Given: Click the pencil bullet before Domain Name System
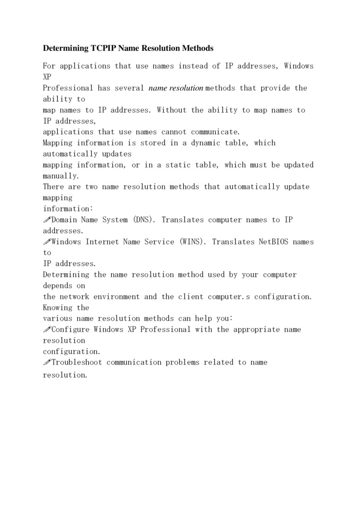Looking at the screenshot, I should [x=46, y=220].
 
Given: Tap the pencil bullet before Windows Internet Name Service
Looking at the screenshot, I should [x=46, y=241].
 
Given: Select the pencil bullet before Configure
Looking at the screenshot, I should [x=46, y=329].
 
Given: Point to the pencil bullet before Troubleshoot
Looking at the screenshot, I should [x=46, y=362].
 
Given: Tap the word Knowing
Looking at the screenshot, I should [x=58, y=308].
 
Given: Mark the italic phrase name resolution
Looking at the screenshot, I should [x=176, y=88].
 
